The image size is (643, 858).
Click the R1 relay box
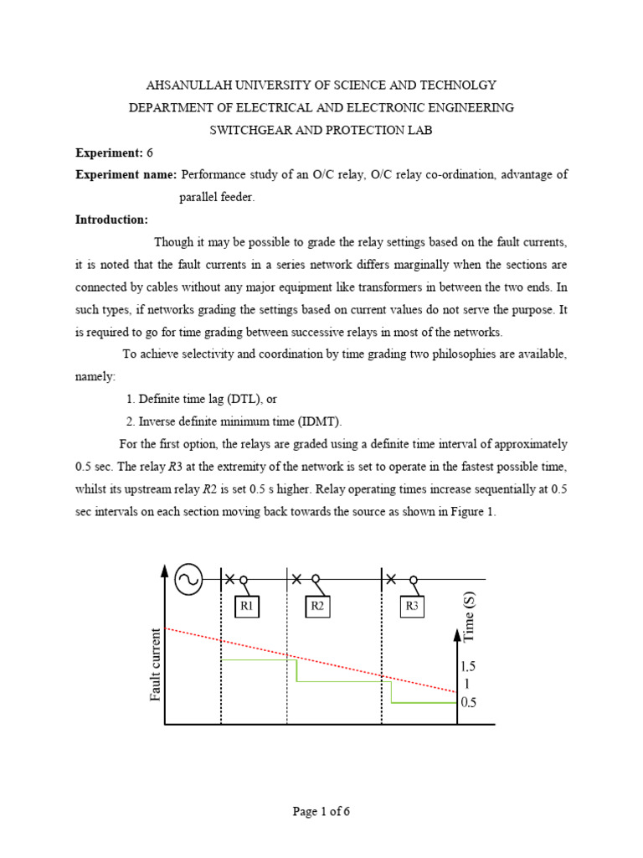pos(246,605)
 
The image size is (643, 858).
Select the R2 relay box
pos(317,605)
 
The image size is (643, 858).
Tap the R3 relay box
pos(412,605)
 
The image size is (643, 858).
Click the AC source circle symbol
pos(188,579)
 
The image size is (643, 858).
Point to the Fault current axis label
pos(155,665)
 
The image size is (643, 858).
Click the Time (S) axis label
pos(469,617)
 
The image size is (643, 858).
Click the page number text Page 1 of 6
pos(321,811)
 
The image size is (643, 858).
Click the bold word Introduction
pos(111,220)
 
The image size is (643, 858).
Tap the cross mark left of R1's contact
pos(228,578)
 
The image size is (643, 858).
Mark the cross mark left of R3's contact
pos(392,578)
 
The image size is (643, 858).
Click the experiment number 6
pos(150,152)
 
